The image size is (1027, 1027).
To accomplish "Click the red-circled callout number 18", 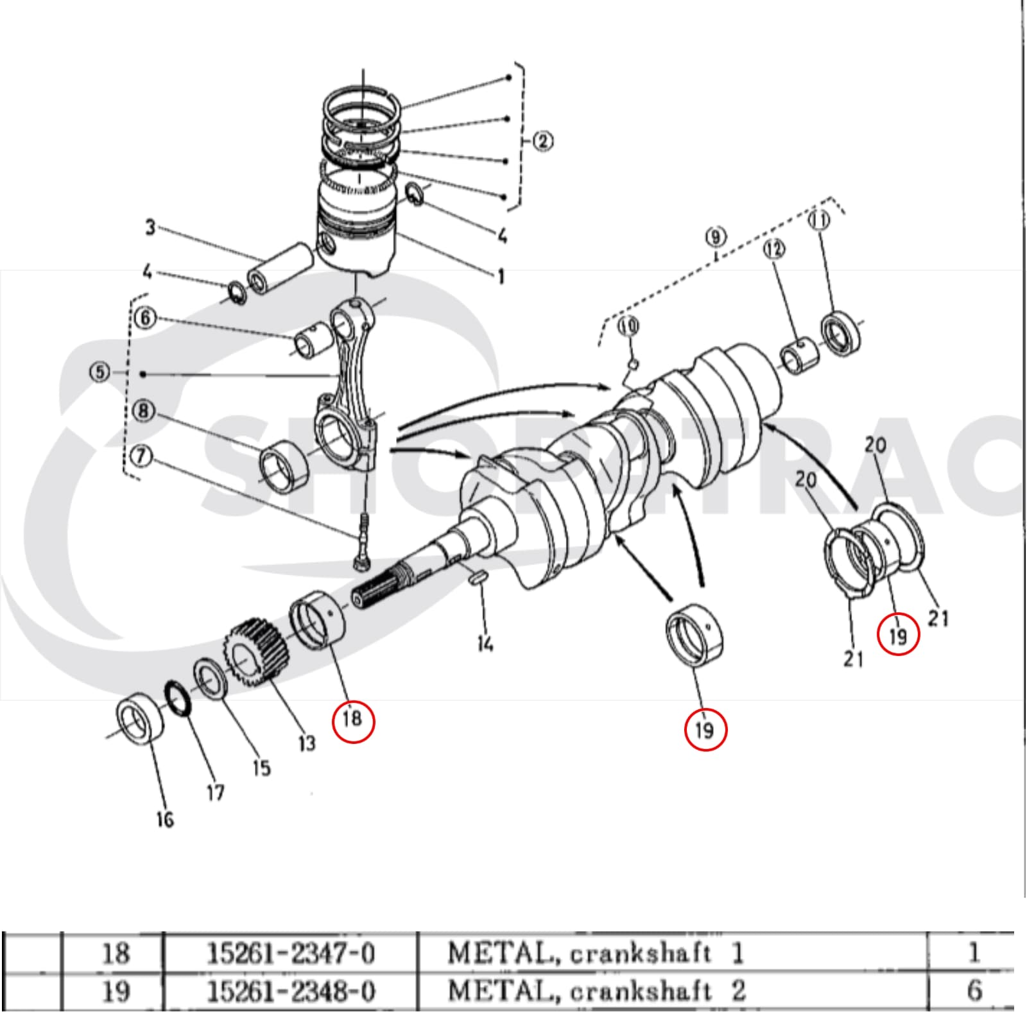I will [352, 718].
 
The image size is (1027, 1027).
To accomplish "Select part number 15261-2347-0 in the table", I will [290, 953].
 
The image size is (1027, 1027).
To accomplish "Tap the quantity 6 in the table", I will [974, 990].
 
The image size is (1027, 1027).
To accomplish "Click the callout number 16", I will [165, 819].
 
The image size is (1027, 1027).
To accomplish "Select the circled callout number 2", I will [543, 141].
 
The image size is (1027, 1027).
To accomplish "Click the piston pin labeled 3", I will [281, 271].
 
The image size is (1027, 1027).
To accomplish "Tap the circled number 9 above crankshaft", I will [716, 237].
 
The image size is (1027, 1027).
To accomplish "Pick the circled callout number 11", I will [819, 220].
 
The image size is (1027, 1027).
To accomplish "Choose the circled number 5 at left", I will [99, 372].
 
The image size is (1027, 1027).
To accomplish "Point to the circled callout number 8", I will [143, 410].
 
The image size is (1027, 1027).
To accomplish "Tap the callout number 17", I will [216, 793].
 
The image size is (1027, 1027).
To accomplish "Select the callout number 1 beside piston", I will [501, 276].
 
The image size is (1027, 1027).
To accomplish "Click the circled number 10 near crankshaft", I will [629, 327].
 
